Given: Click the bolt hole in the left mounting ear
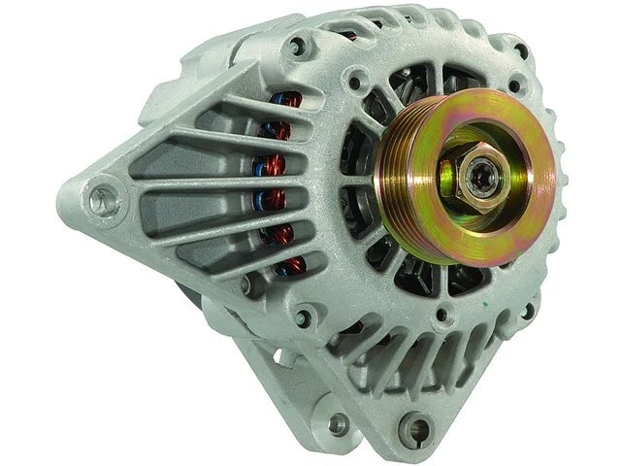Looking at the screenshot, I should click(x=98, y=201).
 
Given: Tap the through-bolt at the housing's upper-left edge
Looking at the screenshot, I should click(x=297, y=44).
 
